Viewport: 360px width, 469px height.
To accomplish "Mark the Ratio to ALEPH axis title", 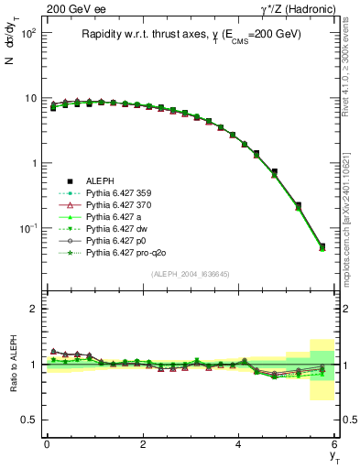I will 13,365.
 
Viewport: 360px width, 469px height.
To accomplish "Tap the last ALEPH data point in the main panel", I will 322,246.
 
